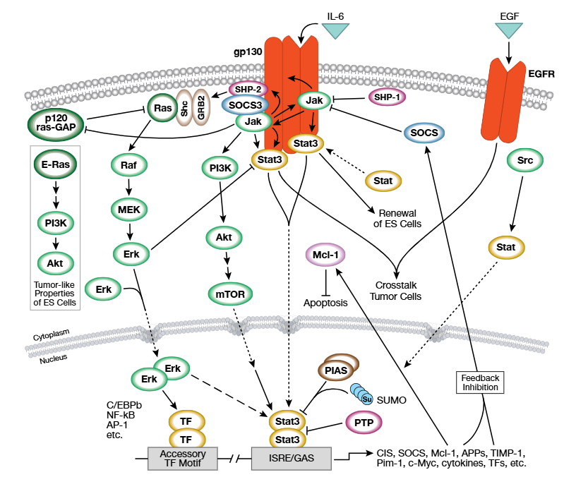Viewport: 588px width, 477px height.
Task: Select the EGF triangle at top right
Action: [508, 29]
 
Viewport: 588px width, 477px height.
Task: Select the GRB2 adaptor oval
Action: [201, 107]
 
